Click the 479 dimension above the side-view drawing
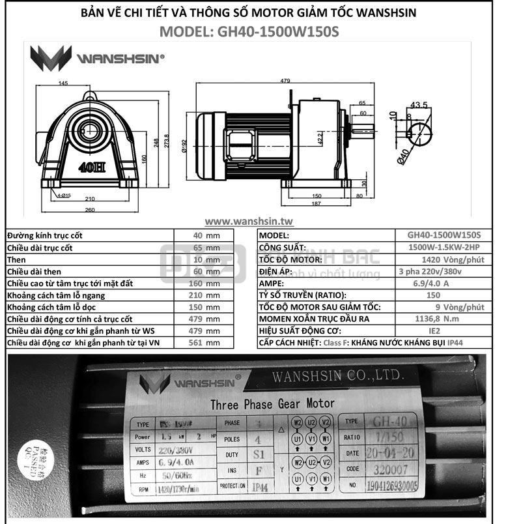(285, 81)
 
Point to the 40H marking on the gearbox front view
(91, 166)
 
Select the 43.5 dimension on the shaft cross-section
(419, 105)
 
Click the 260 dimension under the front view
(89, 210)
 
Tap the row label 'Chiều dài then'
(36, 271)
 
